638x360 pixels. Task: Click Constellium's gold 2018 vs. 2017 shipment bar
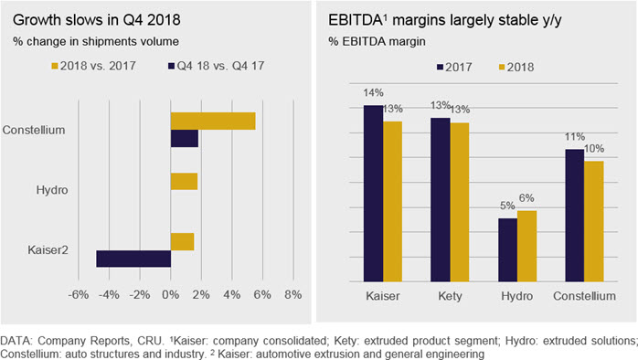point(213,122)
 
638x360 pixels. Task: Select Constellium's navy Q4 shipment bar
point(185,138)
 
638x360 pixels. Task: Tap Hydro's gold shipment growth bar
point(184,182)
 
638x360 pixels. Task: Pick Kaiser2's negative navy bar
point(133,259)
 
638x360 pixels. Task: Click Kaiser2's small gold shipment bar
point(182,241)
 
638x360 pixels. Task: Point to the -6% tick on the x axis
point(78,294)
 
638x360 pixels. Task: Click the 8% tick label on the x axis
point(293,294)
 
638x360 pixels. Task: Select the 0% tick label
point(171,294)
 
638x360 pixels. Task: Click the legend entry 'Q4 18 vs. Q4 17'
point(217,66)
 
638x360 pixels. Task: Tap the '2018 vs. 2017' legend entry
point(93,66)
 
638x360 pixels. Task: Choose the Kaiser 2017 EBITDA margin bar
point(373,193)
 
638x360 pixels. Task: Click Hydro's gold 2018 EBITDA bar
point(526,246)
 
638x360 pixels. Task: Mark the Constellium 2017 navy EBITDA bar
point(575,216)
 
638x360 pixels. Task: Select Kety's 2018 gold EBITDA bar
point(460,202)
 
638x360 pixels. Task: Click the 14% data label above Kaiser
point(373,93)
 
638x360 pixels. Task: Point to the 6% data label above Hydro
point(526,198)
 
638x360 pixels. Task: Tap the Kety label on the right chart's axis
point(450,296)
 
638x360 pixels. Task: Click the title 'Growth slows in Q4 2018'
point(97,20)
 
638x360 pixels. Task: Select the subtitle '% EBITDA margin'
point(377,41)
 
